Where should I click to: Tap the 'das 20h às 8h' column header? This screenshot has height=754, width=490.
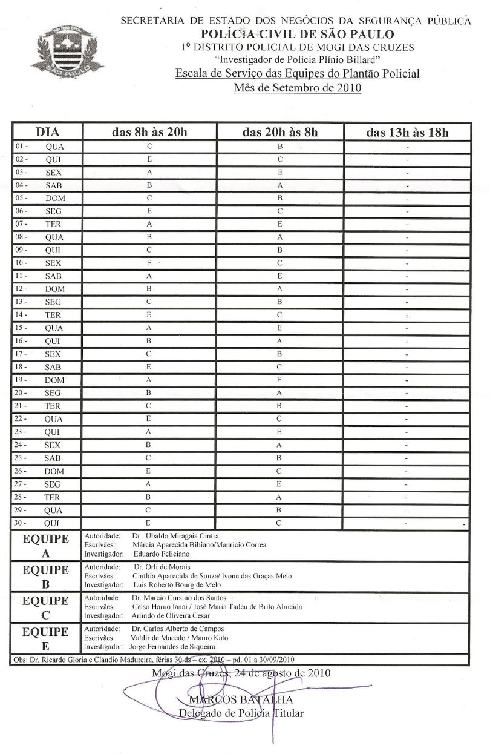tap(279, 132)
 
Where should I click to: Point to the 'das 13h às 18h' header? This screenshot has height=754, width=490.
tap(407, 132)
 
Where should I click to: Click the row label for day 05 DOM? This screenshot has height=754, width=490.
tap(47, 198)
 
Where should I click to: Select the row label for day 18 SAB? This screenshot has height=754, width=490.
tap(47, 367)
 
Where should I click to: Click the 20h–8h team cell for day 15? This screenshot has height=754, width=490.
tap(279, 328)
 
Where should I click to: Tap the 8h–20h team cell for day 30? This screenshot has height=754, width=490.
tap(148, 523)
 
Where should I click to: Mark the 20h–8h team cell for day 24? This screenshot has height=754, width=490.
tap(279, 445)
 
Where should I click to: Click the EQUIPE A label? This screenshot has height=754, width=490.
tap(45, 546)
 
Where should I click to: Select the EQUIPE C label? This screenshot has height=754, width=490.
tap(45, 607)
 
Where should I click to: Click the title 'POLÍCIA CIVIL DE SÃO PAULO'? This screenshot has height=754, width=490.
tap(296, 35)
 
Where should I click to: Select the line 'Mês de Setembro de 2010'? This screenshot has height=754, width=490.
tap(296, 88)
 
